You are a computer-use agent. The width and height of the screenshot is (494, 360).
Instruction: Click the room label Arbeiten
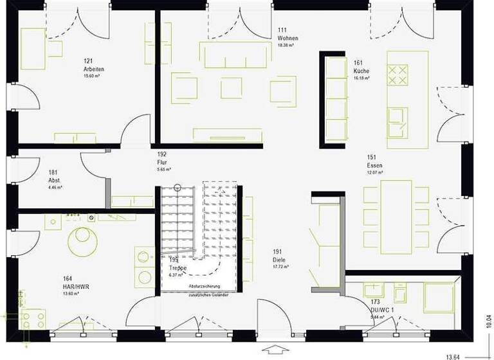click(x=93, y=69)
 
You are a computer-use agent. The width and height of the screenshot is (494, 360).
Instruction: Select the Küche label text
click(x=361, y=70)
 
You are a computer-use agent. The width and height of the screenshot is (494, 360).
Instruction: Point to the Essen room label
click(x=374, y=165)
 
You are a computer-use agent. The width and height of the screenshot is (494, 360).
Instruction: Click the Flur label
click(x=162, y=163)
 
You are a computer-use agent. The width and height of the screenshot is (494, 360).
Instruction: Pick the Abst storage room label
click(x=54, y=181)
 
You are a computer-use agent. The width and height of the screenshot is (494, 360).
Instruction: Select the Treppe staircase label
click(x=178, y=267)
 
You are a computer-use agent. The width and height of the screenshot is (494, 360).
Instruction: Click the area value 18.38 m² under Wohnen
click(x=286, y=46)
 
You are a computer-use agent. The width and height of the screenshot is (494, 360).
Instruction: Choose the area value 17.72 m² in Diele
click(x=280, y=266)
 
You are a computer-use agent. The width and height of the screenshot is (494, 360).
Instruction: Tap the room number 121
click(x=88, y=61)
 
